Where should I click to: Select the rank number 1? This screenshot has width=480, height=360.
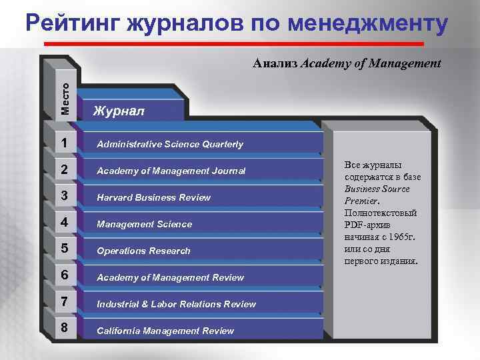pyautogui.click(x=62, y=143)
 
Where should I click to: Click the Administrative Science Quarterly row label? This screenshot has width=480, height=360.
pyautogui.click(x=170, y=144)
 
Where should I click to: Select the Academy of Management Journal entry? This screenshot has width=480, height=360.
pyautogui.click(x=171, y=171)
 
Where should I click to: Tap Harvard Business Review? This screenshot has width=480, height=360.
pyautogui.click(x=153, y=197)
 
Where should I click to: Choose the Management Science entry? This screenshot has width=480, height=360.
pyautogui.click(x=144, y=224)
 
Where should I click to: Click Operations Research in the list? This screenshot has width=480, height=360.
pyautogui.click(x=143, y=251)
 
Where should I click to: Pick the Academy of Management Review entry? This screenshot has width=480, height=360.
pyautogui.click(x=170, y=277)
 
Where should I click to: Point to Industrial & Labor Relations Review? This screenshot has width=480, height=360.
pyautogui.click(x=176, y=304)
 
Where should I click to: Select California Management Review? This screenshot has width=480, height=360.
pyautogui.click(x=165, y=331)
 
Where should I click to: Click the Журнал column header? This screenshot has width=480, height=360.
pyautogui.click(x=118, y=109)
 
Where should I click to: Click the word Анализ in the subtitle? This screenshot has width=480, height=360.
pyautogui.click(x=275, y=64)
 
